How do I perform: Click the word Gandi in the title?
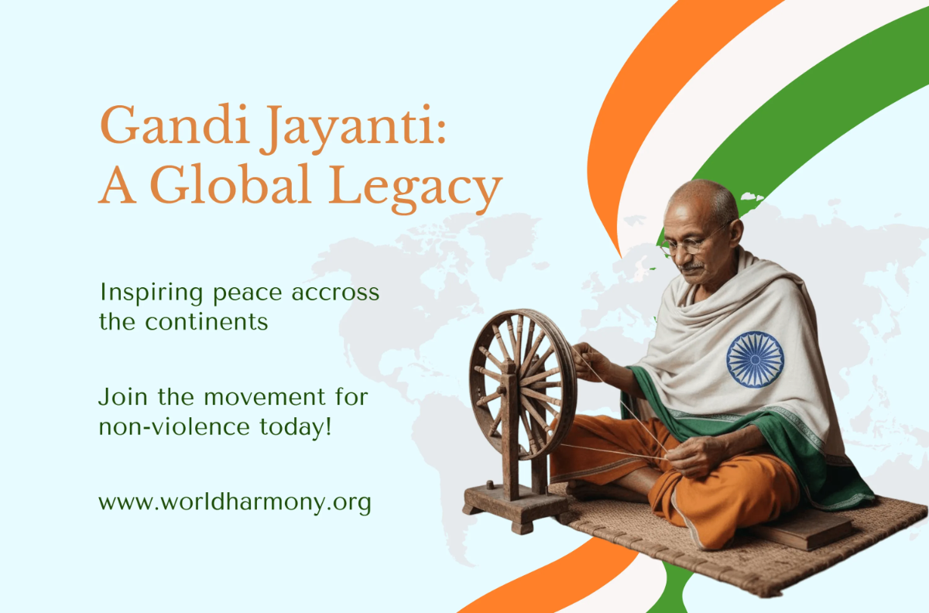(175, 125)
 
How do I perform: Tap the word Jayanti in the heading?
(353, 129)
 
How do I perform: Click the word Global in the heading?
(230, 183)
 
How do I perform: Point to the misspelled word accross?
(335, 293)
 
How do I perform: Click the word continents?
(207, 322)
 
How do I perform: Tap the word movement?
(265, 397)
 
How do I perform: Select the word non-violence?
(174, 426)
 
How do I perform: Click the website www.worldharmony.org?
(235, 503)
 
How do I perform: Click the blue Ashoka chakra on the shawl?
(755, 359)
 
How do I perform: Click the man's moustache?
(692, 266)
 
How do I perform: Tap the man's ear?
(735, 234)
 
